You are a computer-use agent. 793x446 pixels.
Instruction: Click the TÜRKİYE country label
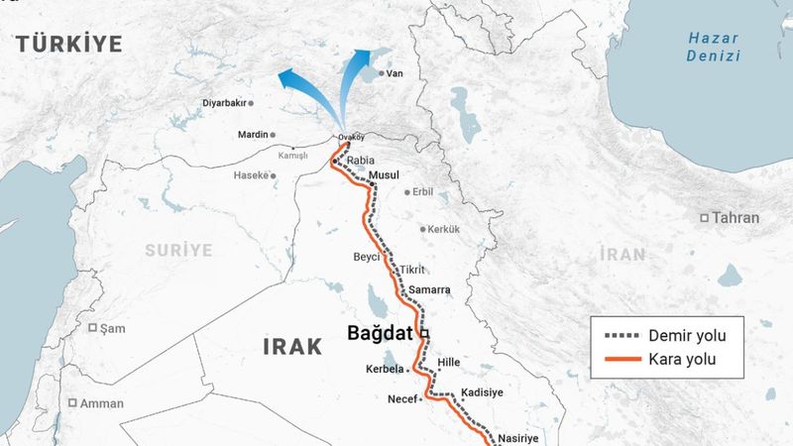tap(68, 43)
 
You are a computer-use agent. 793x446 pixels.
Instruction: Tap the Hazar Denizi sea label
tap(714, 47)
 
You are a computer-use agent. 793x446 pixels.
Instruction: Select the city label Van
tap(395, 73)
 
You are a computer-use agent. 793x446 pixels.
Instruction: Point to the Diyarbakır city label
tap(223, 103)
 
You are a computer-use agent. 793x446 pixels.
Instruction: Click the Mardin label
tap(254, 134)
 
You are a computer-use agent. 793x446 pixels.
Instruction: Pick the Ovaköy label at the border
tap(352, 137)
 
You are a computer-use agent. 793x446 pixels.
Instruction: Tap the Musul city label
tap(383, 175)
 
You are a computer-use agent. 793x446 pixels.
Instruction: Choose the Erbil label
tap(422, 192)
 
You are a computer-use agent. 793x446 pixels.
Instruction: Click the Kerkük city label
tap(444, 229)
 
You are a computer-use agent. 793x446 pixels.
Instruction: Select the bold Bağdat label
tap(381, 334)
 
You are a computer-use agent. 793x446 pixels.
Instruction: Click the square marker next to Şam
tap(93, 328)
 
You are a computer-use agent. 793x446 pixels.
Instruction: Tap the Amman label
tap(102, 403)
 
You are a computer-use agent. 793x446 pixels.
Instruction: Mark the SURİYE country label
tap(179, 250)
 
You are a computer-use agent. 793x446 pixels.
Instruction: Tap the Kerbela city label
tap(386, 369)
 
